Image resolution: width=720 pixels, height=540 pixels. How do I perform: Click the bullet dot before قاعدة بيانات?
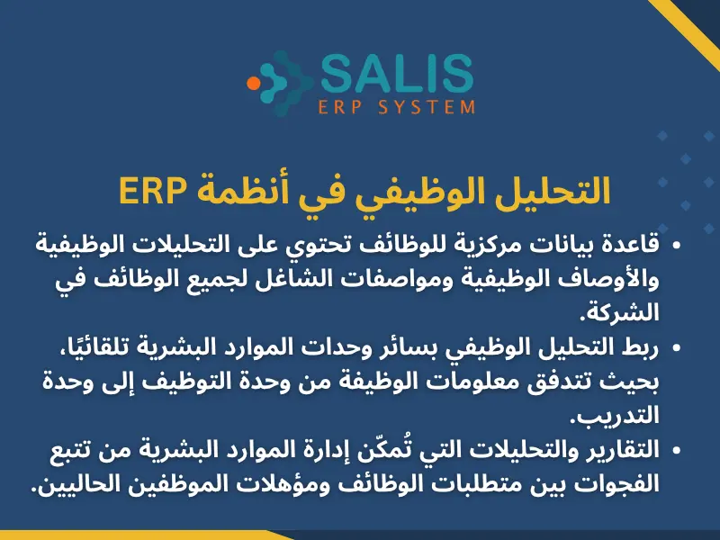tap(676, 245)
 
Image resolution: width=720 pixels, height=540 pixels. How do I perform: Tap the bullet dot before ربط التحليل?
tap(676, 346)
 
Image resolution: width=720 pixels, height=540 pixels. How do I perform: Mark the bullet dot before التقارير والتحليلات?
tap(676, 448)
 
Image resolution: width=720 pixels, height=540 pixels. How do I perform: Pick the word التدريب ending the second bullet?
tap(616, 415)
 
